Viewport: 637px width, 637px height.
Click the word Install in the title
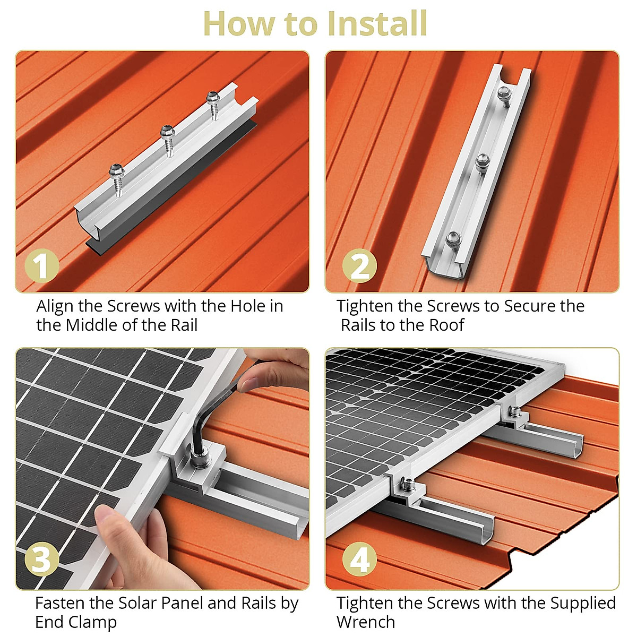click(x=377, y=24)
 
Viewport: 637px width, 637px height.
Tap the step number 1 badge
click(x=41, y=265)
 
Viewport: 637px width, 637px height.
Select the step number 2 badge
click(x=359, y=265)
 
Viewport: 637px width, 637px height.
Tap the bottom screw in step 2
click(x=452, y=239)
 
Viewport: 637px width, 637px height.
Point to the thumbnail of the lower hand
click(x=104, y=513)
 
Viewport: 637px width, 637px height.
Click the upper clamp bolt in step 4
click(x=514, y=411)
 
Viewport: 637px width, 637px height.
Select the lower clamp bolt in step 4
click(x=408, y=484)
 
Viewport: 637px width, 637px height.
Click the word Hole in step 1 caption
click(x=247, y=306)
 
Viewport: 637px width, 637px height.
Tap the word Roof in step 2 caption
click(x=446, y=325)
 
